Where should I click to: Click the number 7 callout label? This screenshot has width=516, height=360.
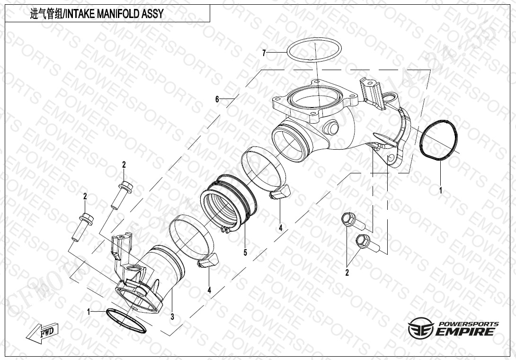point(264,53)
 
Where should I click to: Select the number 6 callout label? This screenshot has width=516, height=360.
point(217,99)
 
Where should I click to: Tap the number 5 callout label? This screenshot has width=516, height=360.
point(245,252)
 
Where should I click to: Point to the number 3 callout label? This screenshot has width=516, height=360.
point(172,316)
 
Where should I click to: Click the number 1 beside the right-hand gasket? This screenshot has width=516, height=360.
point(441,190)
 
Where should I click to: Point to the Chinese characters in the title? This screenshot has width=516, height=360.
point(46,14)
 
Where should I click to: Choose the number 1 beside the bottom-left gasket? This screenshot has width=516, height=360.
point(89,312)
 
